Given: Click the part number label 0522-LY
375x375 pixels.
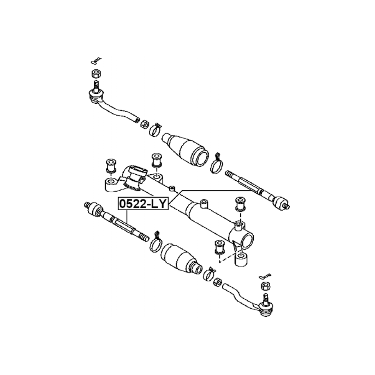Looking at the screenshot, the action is coord(143,204).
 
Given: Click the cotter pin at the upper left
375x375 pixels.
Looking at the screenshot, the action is coord(96,61).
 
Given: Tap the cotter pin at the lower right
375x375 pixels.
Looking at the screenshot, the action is coord(265,276).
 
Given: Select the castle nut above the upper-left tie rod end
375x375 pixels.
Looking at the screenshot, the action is coord(96,73).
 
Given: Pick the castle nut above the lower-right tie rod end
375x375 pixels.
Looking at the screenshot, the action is coord(266,286).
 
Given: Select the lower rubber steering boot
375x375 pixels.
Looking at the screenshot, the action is coord(181,259).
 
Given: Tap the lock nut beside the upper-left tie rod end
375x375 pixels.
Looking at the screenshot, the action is coord(144,124).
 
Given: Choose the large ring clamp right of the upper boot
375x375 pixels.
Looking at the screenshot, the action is coord(217,164).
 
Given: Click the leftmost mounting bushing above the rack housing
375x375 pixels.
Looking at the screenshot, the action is coord(111,166).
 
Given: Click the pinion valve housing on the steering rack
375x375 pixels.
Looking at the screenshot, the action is coord(137,178).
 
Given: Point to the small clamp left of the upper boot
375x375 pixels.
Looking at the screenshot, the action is coord(155,130).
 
